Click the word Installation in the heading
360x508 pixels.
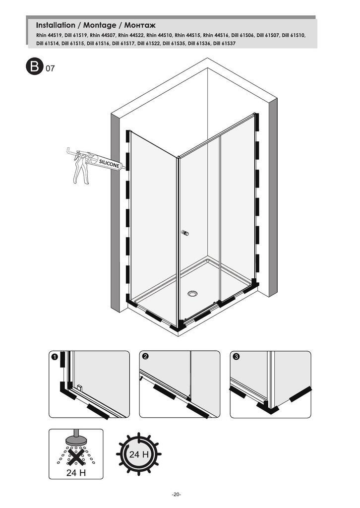[56, 25]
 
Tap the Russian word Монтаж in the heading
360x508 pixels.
[140, 25]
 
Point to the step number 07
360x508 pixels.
[50, 68]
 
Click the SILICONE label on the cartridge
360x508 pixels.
[109, 164]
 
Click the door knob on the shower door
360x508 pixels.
[185, 233]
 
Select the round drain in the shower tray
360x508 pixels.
[192, 294]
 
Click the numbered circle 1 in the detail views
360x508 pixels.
[55, 357]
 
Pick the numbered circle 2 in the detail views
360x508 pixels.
[145, 356]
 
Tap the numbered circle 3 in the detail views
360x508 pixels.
[236, 357]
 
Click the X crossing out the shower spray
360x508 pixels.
[76, 455]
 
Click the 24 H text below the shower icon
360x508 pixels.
[76, 473]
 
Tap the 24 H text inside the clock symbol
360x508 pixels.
[139, 454]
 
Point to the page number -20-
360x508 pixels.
[177, 495]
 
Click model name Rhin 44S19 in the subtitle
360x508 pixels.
[49, 35]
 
